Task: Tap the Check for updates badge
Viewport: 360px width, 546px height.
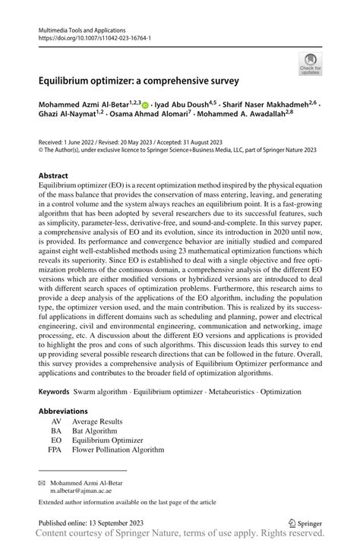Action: [x=311, y=65]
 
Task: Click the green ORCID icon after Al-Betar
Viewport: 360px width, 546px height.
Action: [x=145, y=102]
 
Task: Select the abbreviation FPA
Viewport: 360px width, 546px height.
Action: [x=55, y=450]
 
